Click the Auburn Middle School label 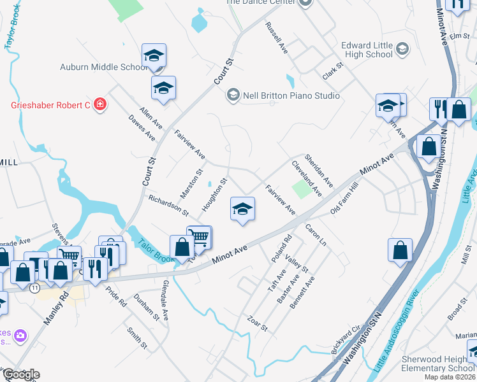click(103, 67)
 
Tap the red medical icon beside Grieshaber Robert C click(99, 104)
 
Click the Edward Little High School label click(367, 50)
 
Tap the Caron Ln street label click(315, 234)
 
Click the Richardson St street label click(168, 204)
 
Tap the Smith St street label click(136, 337)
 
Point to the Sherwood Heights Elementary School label click(438, 364)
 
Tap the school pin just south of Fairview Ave click(242, 209)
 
